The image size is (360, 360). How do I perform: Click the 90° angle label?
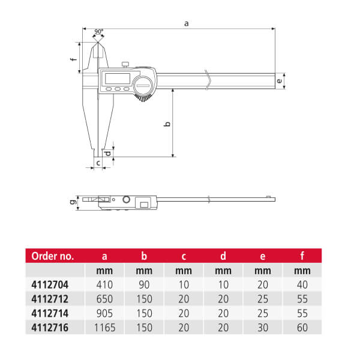(99, 31)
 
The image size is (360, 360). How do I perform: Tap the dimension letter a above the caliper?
(187, 23)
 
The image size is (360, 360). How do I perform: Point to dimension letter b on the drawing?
(167, 124)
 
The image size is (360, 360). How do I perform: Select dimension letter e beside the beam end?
(279, 81)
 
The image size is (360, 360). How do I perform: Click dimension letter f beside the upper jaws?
(74, 59)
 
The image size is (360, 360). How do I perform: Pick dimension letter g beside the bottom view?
(73, 202)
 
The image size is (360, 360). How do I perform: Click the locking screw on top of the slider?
(125, 65)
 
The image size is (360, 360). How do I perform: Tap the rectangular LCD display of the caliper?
(118, 79)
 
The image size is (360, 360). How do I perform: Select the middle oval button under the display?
(118, 89)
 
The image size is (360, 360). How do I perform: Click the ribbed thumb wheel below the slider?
(143, 98)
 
